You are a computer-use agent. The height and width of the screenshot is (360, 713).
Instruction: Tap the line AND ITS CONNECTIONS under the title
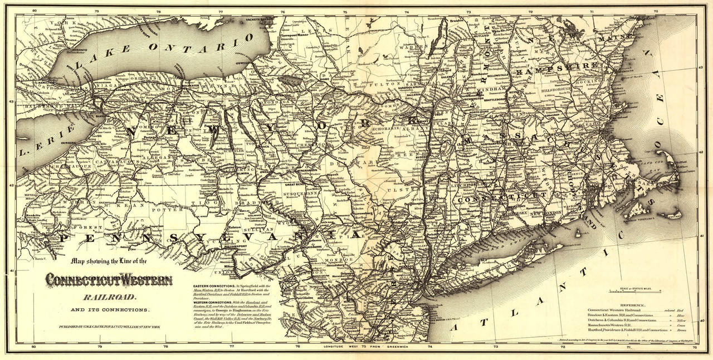(109, 309)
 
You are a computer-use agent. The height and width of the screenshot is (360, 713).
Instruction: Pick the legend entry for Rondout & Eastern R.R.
(619, 315)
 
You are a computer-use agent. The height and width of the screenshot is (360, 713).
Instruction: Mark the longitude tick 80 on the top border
(34, 11)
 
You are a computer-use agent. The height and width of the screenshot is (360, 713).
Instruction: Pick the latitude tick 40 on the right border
(701, 321)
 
